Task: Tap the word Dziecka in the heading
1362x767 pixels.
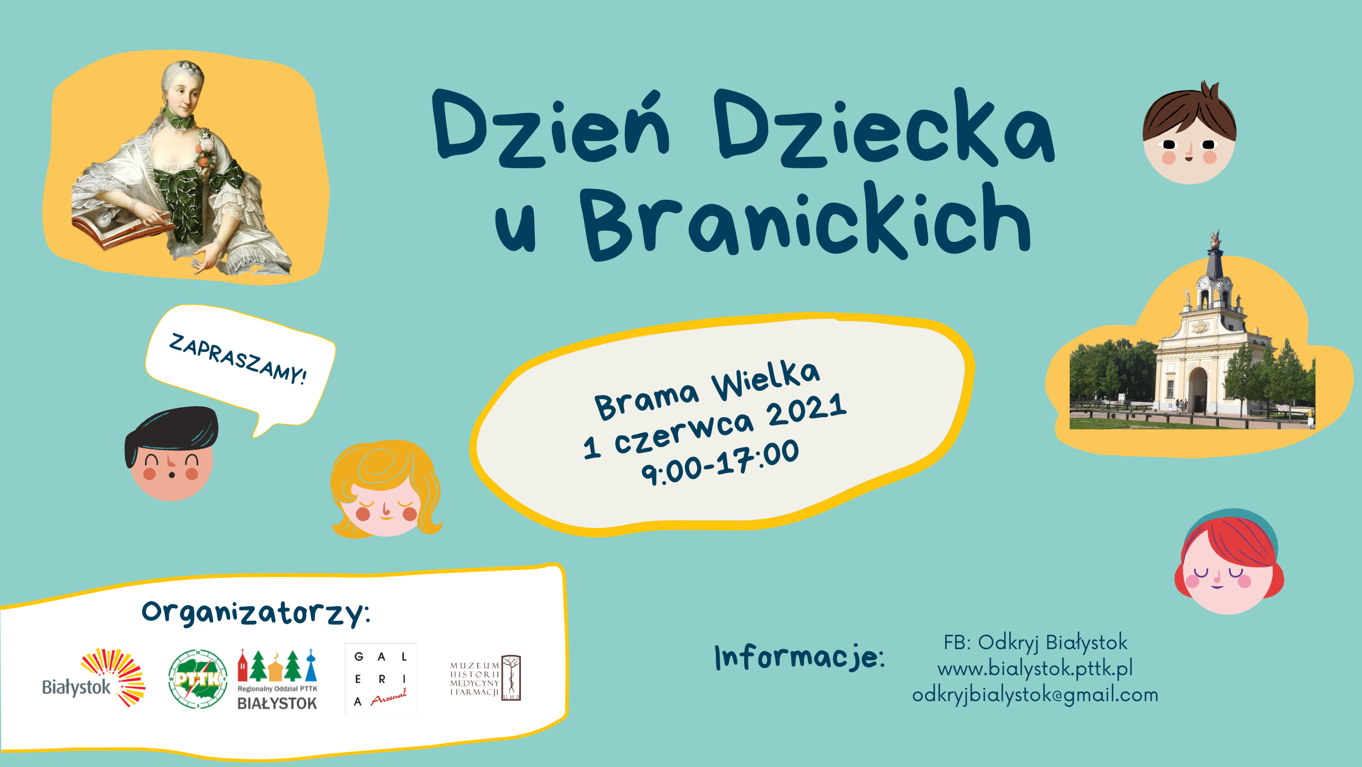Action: coord(884,128)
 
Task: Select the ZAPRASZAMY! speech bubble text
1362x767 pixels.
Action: coord(238,359)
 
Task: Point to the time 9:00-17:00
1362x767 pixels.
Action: coord(720,462)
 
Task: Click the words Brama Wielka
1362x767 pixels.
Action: coord(707,390)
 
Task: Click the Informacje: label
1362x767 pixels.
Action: coord(799,657)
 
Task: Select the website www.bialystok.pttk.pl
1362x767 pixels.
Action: coord(1035,668)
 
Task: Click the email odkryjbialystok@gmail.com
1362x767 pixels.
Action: coord(1035,695)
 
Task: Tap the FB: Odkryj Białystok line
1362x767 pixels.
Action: coord(1035,642)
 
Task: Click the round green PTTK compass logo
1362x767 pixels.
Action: coord(198,679)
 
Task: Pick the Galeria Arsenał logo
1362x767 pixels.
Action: coord(381,679)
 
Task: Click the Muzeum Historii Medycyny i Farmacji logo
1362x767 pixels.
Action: coord(486,678)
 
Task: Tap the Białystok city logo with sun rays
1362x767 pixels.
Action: coord(94,678)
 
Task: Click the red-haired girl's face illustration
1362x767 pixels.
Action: coord(1229,563)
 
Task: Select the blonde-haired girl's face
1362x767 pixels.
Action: coord(386,489)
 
